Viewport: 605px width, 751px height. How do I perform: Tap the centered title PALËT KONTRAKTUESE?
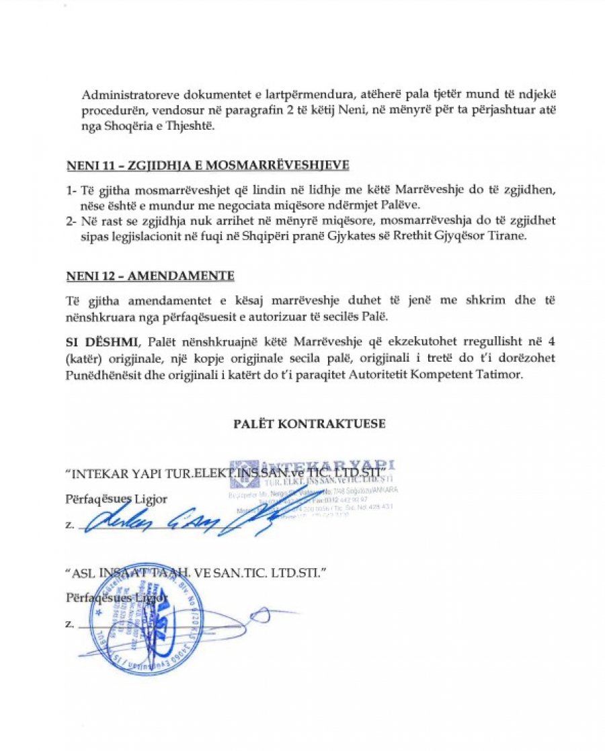(x=309, y=424)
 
